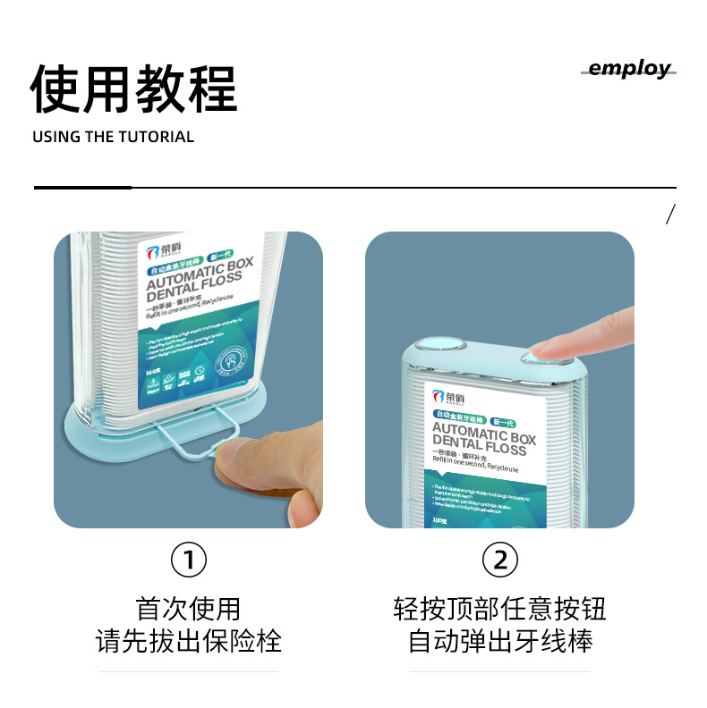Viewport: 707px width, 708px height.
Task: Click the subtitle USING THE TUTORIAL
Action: [113, 137]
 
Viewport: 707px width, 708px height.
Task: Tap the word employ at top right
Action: [629, 69]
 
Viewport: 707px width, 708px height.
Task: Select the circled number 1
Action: [188, 560]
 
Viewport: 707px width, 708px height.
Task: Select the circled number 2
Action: [500, 560]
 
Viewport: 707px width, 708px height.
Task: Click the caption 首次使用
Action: [188, 609]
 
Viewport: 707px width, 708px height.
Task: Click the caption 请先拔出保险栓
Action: [188, 641]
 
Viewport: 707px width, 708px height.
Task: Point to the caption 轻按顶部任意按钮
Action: [500, 609]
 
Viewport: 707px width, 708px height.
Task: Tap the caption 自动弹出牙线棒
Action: [500, 641]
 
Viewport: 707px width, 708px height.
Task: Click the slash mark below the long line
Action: [670, 214]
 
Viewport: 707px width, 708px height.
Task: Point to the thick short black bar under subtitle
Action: [82, 188]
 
